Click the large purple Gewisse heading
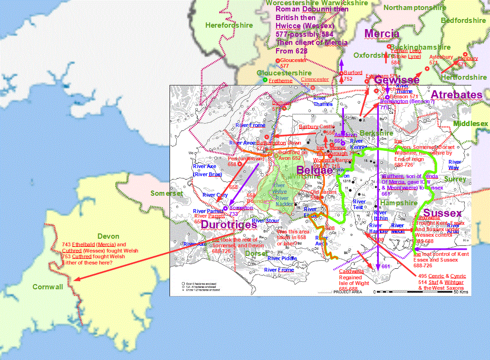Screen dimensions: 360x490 coord(396,80)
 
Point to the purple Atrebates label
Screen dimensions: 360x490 coord(456,95)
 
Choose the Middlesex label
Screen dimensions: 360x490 coord(470,124)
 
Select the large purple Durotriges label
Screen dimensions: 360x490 coord(229,224)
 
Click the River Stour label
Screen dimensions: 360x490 coord(265,221)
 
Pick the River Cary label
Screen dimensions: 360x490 coord(215,195)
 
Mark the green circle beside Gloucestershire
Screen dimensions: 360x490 coord(265,80)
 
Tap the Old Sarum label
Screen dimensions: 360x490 coord(321,192)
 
